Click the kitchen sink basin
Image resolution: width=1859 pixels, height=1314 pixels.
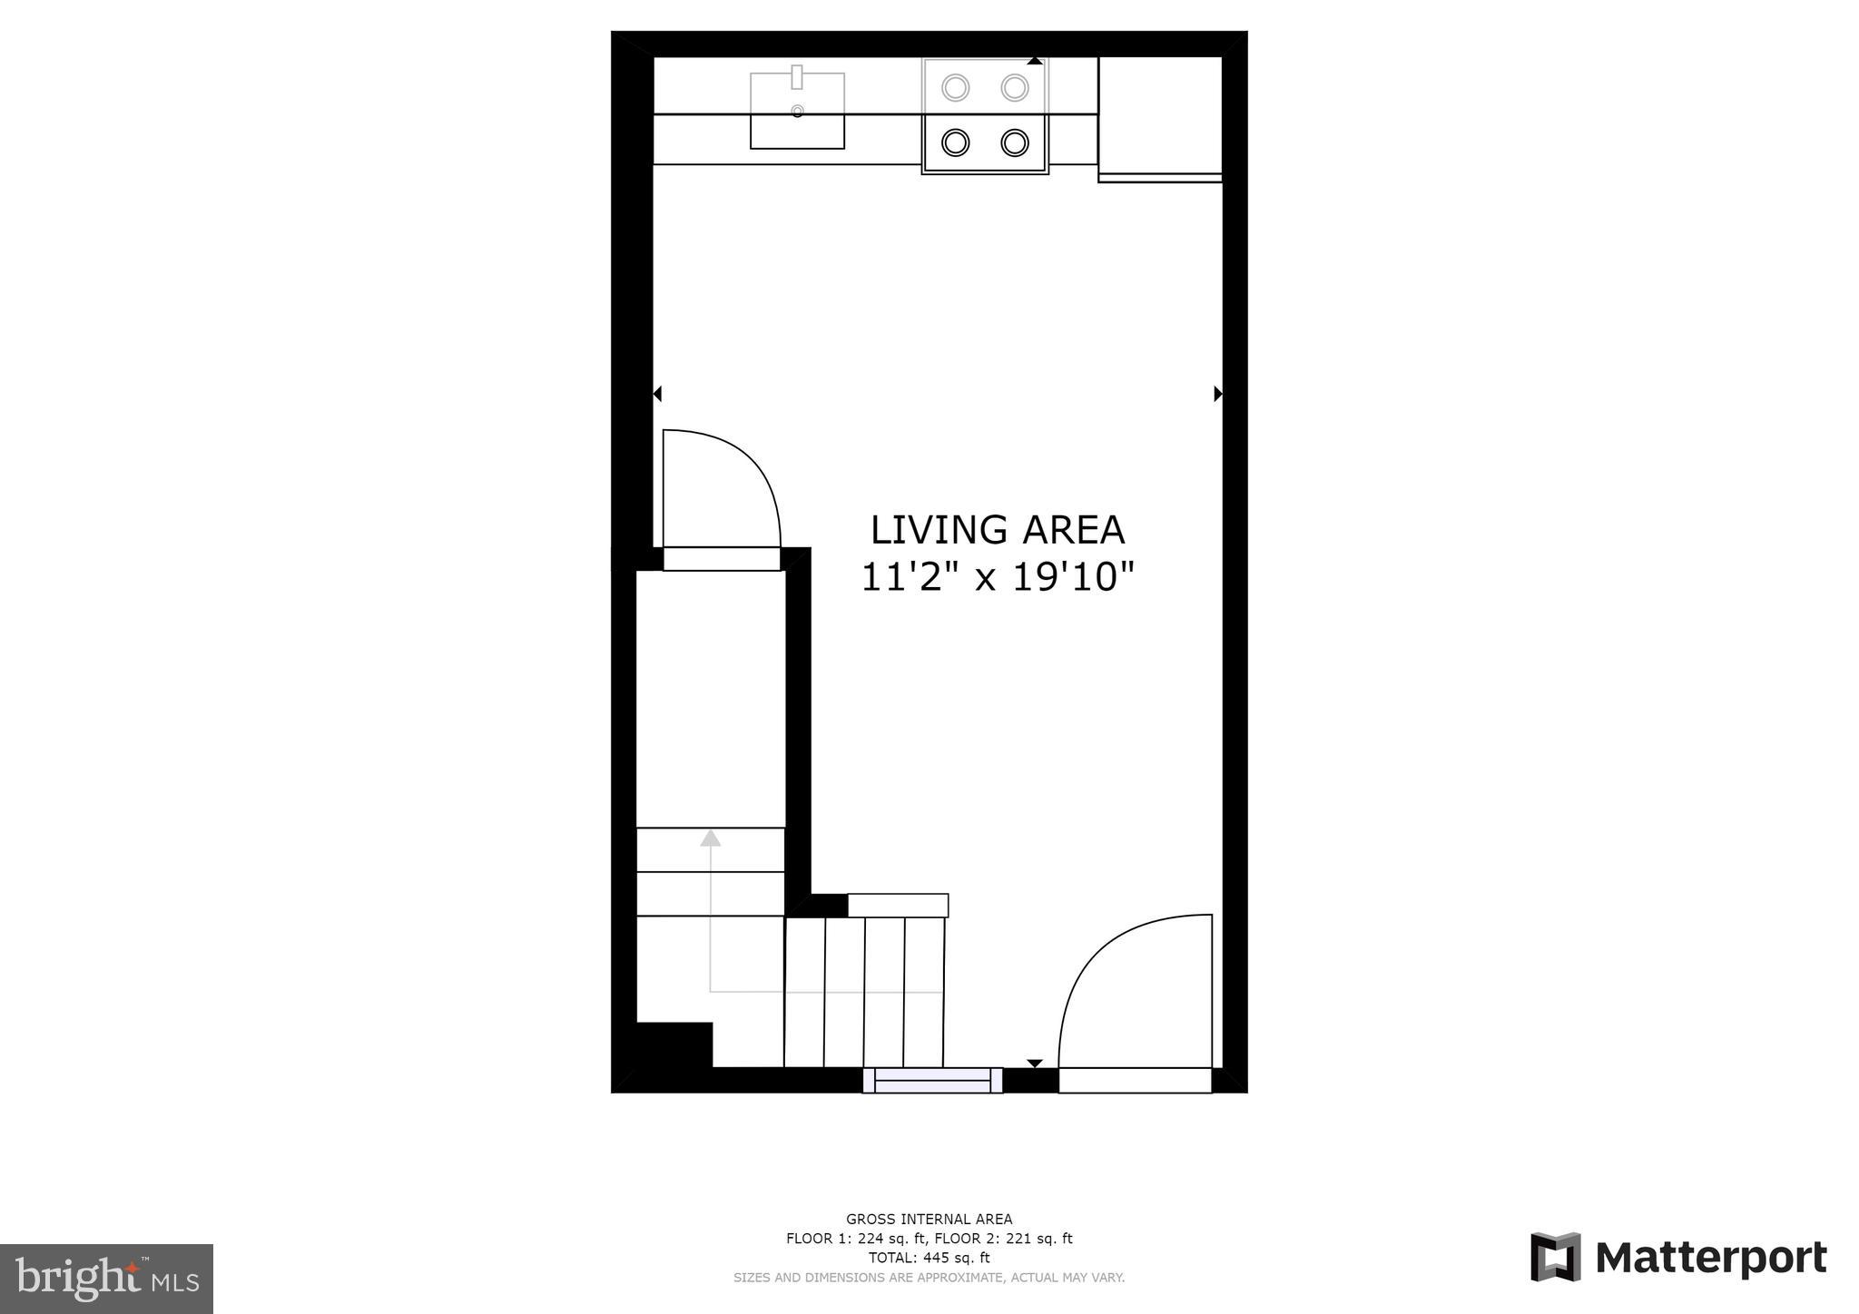click(797, 123)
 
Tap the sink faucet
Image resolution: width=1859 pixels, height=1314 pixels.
click(797, 77)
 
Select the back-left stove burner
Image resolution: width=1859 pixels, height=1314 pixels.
click(956, 88)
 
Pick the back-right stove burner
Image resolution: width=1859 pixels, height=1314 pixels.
click(1015, 88)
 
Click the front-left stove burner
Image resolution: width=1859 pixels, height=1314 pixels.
click(956, 142)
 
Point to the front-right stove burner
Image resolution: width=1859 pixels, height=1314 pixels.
click(1015, 142)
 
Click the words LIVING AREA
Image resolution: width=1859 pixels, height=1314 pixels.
click(998, 530)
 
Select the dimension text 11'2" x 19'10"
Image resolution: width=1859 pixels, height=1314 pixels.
click(998, 577)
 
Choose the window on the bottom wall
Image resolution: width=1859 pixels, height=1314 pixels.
click(932, 1080)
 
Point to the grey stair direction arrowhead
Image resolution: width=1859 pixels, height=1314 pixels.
click(711, 838)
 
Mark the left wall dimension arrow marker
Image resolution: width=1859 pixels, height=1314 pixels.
click(657, 394)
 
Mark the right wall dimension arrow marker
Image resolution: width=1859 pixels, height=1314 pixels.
click(1218, 394)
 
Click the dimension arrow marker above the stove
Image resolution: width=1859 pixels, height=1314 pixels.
click(1035, 61)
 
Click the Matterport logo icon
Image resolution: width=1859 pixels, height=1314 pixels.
click(1556, 1257)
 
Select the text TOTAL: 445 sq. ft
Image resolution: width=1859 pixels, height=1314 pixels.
click(929, 1258)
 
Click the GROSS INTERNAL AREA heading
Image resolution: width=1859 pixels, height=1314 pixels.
click(929, 1220)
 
